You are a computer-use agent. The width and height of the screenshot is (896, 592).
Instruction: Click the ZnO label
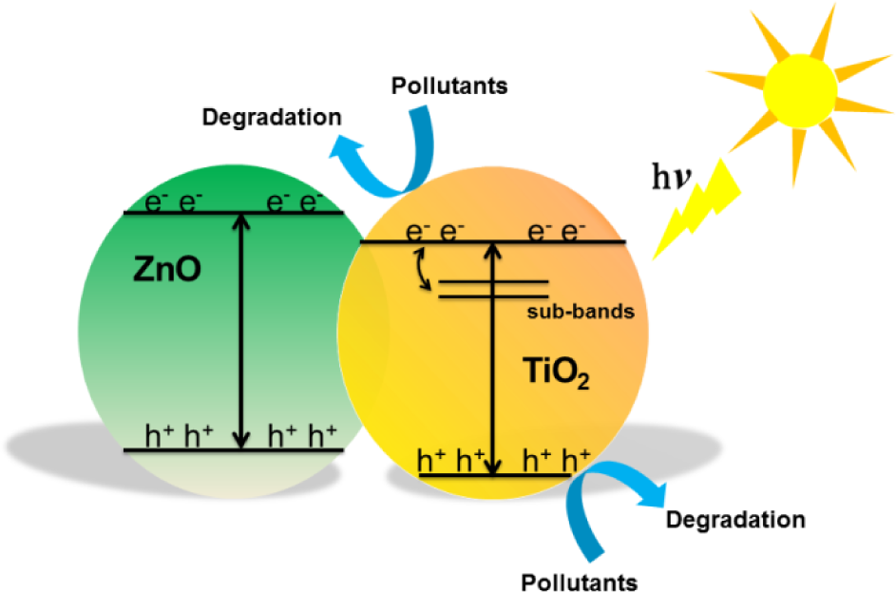coord(167,269)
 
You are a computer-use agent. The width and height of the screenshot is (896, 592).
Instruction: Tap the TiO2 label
coord(556,372)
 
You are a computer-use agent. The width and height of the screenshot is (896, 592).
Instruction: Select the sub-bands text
coord(581,312)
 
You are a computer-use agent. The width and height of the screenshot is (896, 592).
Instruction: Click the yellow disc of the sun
coord(800,90)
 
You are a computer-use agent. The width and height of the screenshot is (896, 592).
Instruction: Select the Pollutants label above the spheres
coord(449,86)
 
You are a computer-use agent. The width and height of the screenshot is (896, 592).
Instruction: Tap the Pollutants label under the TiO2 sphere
coord(579,582)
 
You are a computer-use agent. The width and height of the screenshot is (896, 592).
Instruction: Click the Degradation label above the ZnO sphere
coord(272,117)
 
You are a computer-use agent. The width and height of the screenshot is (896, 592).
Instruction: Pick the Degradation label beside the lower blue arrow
coord(735,520)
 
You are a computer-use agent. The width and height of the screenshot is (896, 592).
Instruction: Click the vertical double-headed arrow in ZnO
coord(241,332)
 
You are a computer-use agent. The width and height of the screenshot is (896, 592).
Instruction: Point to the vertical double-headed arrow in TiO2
coord(492,358)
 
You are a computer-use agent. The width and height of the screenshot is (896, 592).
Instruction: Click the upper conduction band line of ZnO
coord(234,213)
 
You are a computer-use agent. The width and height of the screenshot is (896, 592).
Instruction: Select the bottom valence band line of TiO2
coord(495,475)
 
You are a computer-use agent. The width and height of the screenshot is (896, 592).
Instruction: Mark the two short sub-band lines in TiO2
coord(493,289)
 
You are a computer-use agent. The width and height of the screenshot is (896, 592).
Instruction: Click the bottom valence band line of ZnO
coord(234,450)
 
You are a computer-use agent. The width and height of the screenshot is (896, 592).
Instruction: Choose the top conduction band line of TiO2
coord(493,242)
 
